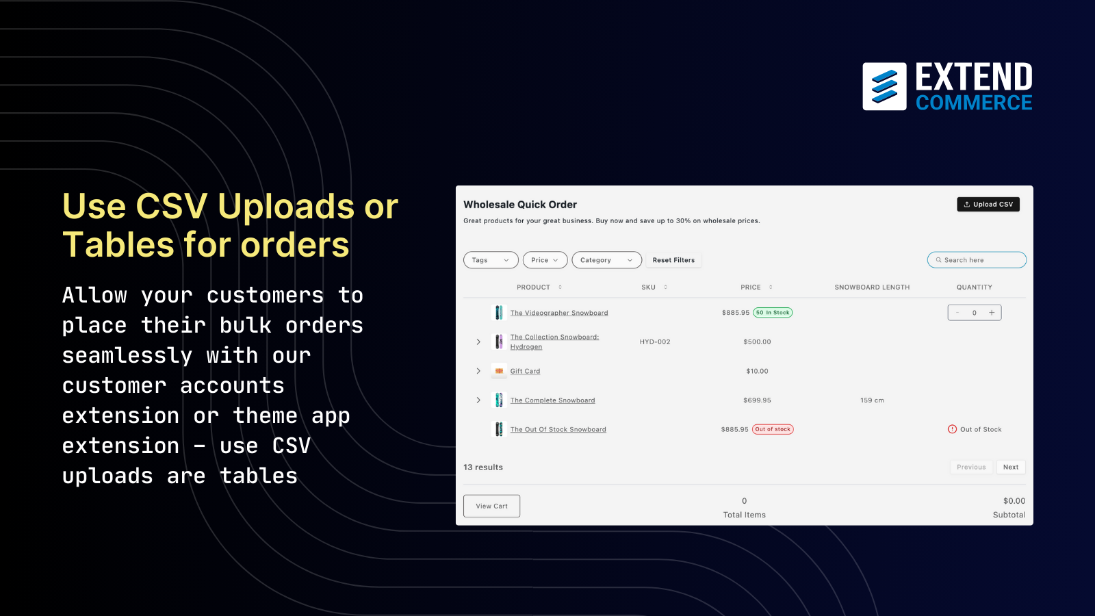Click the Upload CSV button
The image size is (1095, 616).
click(x=988, y=205)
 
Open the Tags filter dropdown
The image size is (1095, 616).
click(x=491, y=260)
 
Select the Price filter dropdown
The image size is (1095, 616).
click(x=545, y=260)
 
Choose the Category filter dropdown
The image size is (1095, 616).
click(x=606, y=260)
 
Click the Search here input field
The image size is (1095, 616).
click(x=977, y=260)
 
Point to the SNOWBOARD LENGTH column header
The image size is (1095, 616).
click(x=872, y=287)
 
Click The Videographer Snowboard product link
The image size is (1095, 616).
click(x=559, y=313)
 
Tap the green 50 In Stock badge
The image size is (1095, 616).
click(x=773, y=312)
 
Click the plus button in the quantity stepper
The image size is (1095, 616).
click(x=992, y=312)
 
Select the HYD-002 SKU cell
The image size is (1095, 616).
click(x=655, y=342)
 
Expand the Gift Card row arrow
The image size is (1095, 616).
click(x=478, y=371)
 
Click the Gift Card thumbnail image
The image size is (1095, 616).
click(x=499, y=371)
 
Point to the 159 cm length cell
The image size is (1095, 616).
click(x=872, y=400)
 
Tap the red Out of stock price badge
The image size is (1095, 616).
click(x=773, y=429)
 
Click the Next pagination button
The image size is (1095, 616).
click(x=1011, y=467)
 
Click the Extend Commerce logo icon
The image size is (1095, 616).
click(x=884, y=86)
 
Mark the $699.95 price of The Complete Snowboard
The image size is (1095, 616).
click(x=757, y=400)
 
